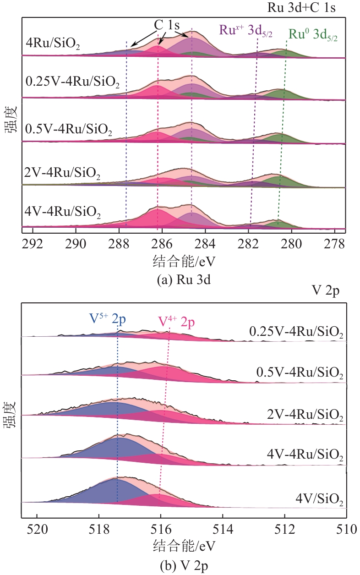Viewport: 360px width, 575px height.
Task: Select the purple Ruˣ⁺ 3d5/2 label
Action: pos(245,31)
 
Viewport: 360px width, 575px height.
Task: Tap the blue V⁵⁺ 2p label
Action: pos(109,319)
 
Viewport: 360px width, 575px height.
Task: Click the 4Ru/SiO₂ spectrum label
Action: pos(54,45)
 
